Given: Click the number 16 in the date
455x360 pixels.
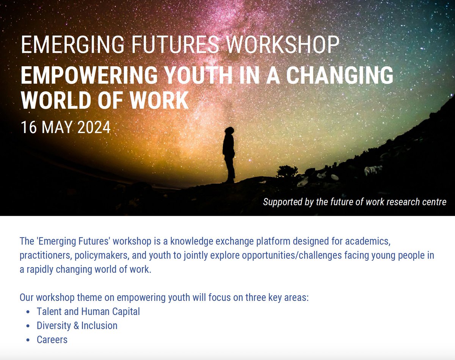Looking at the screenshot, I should point(29,127).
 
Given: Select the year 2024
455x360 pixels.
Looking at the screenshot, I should point(93,127).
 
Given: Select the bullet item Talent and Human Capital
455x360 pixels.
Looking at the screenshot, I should point(88,311).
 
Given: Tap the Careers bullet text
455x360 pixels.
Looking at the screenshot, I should point(52,340).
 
